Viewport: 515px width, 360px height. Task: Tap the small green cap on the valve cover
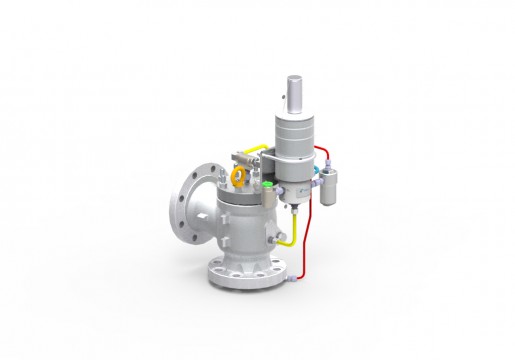[x=268, y=186]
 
